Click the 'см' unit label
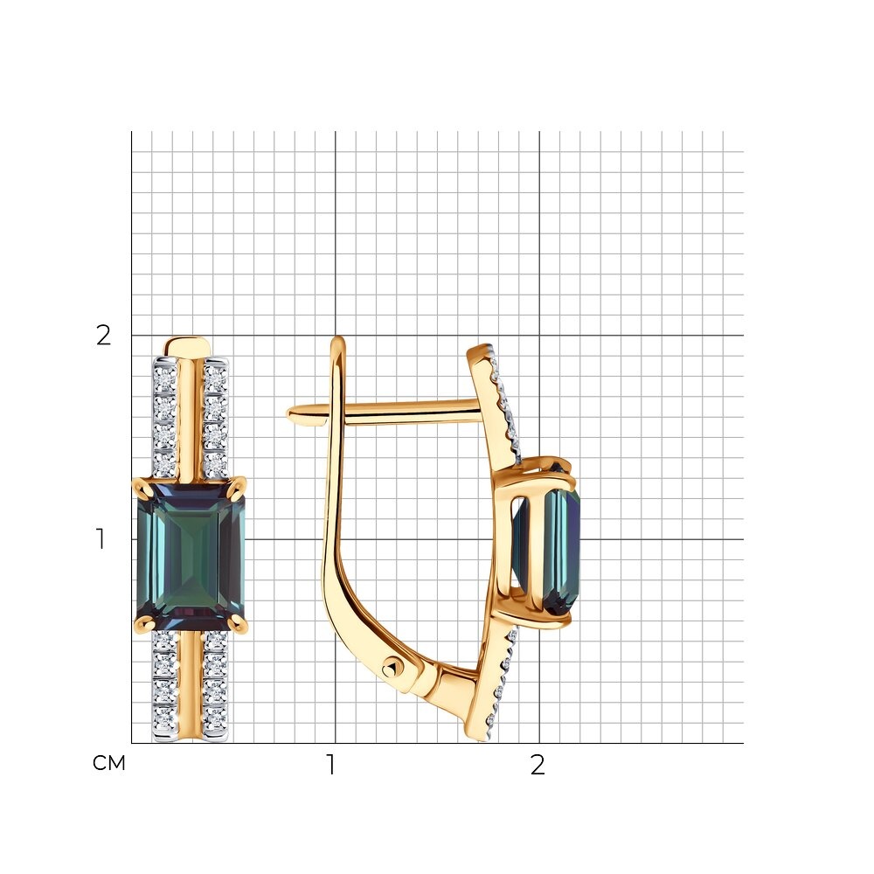click(108, 763)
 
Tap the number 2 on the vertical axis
click(104, 335)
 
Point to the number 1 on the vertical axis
click(101, 539)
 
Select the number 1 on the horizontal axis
click(331, 765)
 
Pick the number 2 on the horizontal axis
click(538, 765)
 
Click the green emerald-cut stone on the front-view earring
click(191, 551)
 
